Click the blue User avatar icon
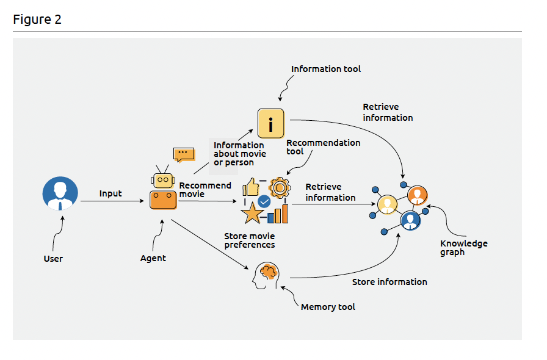coord(60,194)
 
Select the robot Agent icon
coord(163,192)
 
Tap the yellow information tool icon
coord(270,124)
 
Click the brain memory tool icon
coord(267,275)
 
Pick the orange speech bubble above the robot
coord(183,154)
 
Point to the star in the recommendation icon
coord(252,213)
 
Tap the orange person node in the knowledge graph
coord(417,195)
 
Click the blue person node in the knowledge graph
coord(410,220)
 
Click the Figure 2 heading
coord(37,20)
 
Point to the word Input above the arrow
coord(110,193)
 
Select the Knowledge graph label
coord(464,248)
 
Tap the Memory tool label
coord(328,307)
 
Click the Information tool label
coord(326,69)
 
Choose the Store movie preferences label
coord(250,240)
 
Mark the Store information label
coord(389,282)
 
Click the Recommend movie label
coord(205,190)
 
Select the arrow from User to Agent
coord(113,201)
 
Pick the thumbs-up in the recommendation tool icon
coord(252,187)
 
